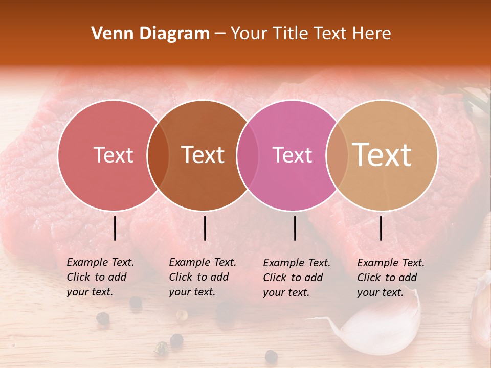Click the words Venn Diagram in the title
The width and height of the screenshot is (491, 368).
pos(150,34)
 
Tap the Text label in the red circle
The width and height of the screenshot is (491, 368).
pos(113,155)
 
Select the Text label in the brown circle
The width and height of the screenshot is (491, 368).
pos(203,155)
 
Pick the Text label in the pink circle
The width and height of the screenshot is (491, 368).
pos(292,155)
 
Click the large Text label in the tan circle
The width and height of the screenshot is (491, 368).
pos(382,154)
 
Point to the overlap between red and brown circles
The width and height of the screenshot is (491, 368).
pos(158,155)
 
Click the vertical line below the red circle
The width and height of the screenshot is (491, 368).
pos(115,228)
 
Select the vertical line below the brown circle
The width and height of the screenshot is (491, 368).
pos(205,228)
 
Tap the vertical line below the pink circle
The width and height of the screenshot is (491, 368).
pos(295,228)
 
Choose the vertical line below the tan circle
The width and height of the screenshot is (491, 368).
pos(381,228)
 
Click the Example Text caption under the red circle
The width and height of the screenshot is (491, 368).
pos(100,277)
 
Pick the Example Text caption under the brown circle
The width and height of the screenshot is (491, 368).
pos(202,277)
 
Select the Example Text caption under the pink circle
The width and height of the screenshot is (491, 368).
pos(296,278)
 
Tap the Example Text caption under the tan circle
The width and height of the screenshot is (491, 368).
pos(390,278)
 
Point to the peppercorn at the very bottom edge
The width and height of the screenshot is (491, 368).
pos(271,356)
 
